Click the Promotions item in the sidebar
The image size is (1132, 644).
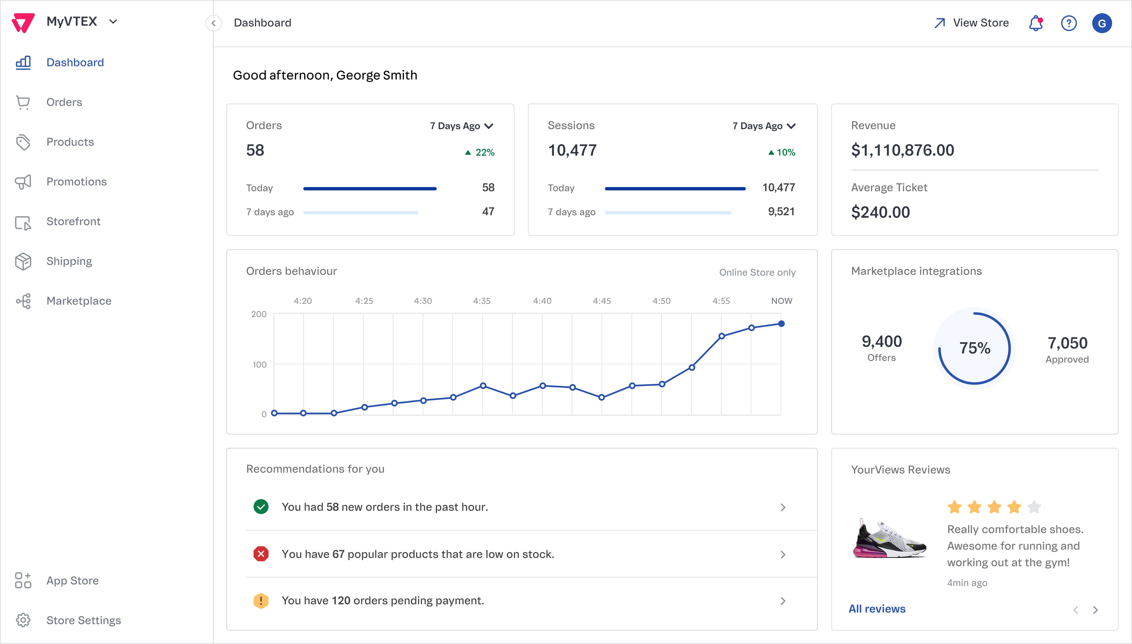(x=76, y=182)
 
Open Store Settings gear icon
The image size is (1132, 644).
(x=23, y=620)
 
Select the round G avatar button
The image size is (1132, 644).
(x=1102, y=23)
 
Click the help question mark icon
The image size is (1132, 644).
(x=1069, y=23)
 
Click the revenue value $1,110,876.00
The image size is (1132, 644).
(x=902, y=150)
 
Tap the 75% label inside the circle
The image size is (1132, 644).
(x=974, y=348)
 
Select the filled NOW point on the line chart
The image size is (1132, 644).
(x=781, y=324)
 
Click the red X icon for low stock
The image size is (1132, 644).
(x=261, y=554)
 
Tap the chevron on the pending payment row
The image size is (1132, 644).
(x=783, y=601)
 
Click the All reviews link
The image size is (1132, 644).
(x=876, y=609)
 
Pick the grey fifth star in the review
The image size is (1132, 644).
(x=1034, y=507)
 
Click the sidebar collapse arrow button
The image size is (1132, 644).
(x=213, y=23)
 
